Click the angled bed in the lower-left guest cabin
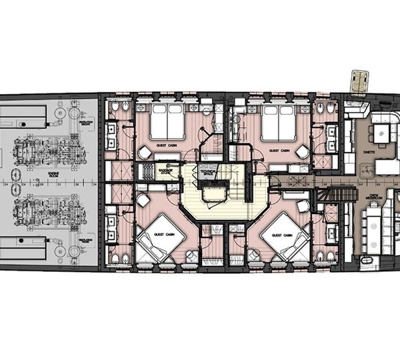coord(157,236)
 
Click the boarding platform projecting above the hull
coord(361,81)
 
